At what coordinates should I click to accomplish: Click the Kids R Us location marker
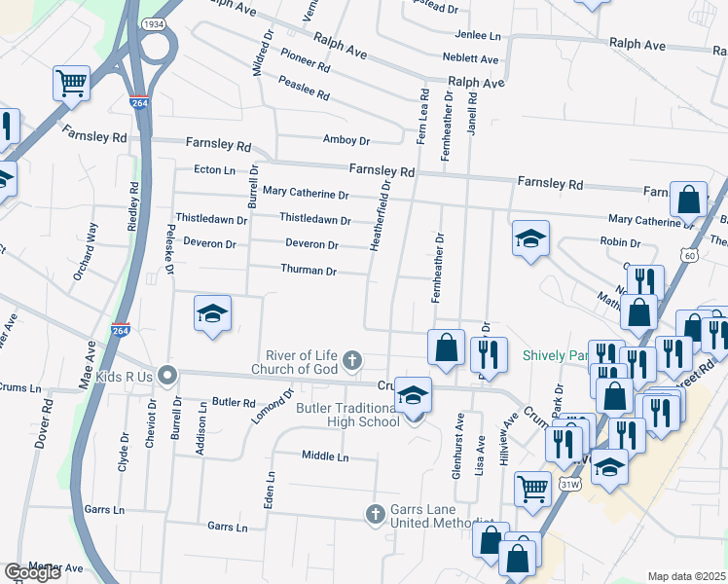[167, 374]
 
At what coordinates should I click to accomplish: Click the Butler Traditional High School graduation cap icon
[414, 396]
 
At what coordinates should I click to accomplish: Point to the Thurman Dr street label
[309, 271]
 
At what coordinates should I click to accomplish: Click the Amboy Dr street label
[346, 140]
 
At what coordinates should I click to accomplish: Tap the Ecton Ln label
[215, 169]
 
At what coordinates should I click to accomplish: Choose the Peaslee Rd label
[304, 90]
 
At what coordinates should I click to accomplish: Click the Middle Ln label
[324, 456]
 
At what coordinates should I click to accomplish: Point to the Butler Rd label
[234, 402]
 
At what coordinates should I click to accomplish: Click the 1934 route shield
[152, 23]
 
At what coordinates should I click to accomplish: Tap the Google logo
[32, 572]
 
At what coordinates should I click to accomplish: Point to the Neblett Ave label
[469, 59]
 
